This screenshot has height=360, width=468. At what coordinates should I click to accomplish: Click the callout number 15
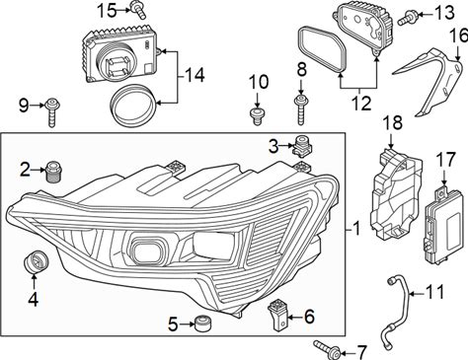coord(107,11)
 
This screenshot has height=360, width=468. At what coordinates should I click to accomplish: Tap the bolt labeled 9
coord(52,111)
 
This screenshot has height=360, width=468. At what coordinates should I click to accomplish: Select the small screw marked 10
coord(257,115)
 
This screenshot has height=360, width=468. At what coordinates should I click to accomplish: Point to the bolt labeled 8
coord(300,109)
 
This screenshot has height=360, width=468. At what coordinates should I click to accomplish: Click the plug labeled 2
coord(53,172)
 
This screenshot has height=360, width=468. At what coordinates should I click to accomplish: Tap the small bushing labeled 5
coord(201,324)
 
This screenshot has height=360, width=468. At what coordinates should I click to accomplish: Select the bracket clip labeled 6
coord(278,315)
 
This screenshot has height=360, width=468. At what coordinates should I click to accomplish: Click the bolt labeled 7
coord(327,348)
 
